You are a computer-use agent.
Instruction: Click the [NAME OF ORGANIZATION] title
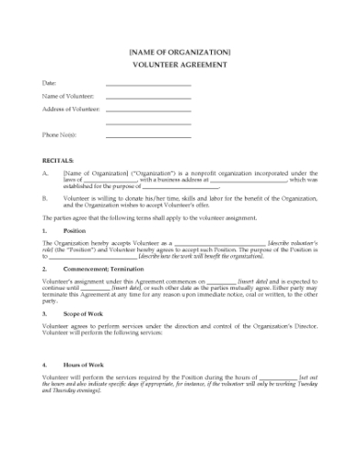(180, 52)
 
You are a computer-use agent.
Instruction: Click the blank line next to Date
(148, 85)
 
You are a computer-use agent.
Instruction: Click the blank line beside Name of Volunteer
(148, 98)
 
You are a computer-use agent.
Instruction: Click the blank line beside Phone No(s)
(148, 136)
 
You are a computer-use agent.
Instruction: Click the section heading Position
(72, 232)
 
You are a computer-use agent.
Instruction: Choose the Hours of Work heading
(82, 365)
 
